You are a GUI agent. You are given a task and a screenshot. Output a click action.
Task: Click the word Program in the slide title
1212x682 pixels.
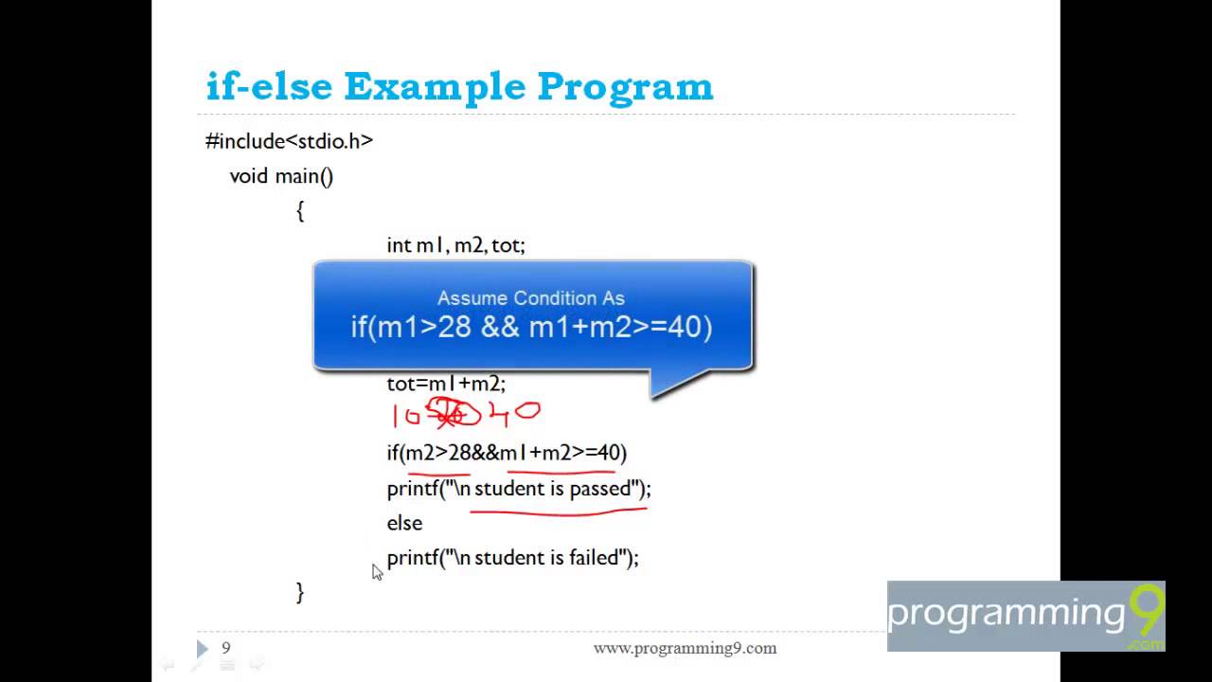[625, 87]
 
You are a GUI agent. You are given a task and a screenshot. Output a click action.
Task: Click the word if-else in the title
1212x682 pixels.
[269, 87]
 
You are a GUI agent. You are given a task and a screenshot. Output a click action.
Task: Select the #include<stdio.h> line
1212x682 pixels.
[289, 141]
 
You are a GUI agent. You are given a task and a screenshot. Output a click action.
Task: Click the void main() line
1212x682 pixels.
[281, 176]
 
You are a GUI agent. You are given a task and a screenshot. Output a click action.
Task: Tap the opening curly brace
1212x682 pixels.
[300, 211]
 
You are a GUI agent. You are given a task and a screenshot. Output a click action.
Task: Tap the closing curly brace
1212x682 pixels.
[300, 593]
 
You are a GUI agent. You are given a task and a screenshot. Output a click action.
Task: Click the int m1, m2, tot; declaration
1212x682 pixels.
[455, 245]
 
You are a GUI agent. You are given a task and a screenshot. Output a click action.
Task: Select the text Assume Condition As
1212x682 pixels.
[530, 298]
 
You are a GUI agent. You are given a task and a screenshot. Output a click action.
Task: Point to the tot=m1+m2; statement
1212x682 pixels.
[446, 384]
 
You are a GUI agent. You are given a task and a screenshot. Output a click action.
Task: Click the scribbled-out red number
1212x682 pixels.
[447, 414]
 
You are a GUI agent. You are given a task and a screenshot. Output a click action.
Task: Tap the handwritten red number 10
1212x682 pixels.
[405, 416]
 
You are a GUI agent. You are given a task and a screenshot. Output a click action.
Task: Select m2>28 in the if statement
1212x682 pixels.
[437, 453]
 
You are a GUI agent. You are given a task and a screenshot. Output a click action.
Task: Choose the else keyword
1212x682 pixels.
[404, 523]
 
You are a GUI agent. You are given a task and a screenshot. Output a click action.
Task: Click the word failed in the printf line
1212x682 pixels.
[594, 558]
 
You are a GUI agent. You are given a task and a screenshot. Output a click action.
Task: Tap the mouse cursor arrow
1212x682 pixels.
[377, 572]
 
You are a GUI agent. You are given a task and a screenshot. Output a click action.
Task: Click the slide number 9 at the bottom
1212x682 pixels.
[226, 648]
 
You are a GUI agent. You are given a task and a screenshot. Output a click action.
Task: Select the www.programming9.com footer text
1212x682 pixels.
[685, 648]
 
